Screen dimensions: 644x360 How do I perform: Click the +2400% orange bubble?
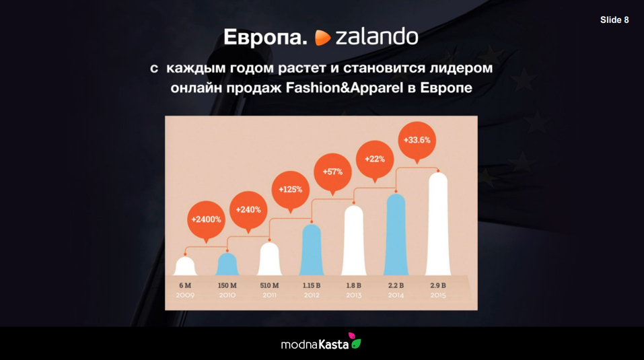coord(206,220)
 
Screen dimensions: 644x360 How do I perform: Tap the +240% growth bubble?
coord(248,210)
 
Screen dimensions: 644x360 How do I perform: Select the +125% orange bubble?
coord(291,190)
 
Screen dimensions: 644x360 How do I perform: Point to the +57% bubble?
coord(332,172)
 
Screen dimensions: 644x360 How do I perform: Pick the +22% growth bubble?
coord(375,159)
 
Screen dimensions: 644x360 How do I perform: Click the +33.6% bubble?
coord(417,141)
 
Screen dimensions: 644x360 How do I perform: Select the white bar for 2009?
coord(185,266)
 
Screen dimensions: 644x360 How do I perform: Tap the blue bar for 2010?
coord(227,264)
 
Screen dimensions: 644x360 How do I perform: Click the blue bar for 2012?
coord(312,250)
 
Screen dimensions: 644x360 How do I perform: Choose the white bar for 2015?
coord(438,223)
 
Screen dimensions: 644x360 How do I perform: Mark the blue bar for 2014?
coord(396,234)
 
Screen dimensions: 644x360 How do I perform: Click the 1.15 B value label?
coord(312,285)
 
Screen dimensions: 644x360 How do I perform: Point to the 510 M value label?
coord(269,285)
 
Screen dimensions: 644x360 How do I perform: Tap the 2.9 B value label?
coord(438,285)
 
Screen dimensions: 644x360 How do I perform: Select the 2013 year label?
coord(353,295)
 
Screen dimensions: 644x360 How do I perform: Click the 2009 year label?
coord(185,295)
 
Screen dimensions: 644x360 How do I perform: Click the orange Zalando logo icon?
coord(322,38)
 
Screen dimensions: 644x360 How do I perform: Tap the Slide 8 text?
coord(614,20)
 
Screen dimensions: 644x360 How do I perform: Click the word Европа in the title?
coord(265,37)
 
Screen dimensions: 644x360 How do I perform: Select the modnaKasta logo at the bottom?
coord(321,342)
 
